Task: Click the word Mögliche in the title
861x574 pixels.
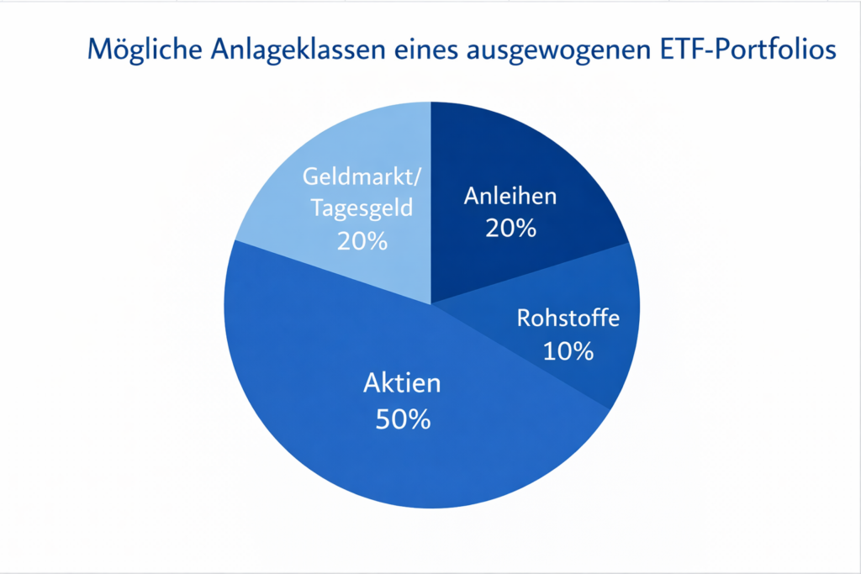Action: pos(140,50)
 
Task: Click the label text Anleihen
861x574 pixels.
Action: pos(510,197)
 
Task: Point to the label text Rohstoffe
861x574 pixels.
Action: pos(568,319)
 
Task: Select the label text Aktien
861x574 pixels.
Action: pos(402,384)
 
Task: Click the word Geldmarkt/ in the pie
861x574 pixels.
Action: pos(362,177)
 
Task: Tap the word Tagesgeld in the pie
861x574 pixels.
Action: pos(362,208)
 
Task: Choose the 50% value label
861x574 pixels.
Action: pos(402,418)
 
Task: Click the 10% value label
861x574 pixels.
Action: pos(568,350)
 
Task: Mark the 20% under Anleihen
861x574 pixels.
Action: pos(510,228)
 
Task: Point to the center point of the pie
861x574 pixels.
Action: pos(430,303)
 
